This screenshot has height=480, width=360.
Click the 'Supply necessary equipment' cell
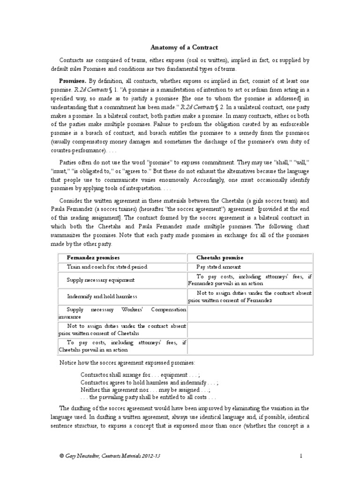101,280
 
